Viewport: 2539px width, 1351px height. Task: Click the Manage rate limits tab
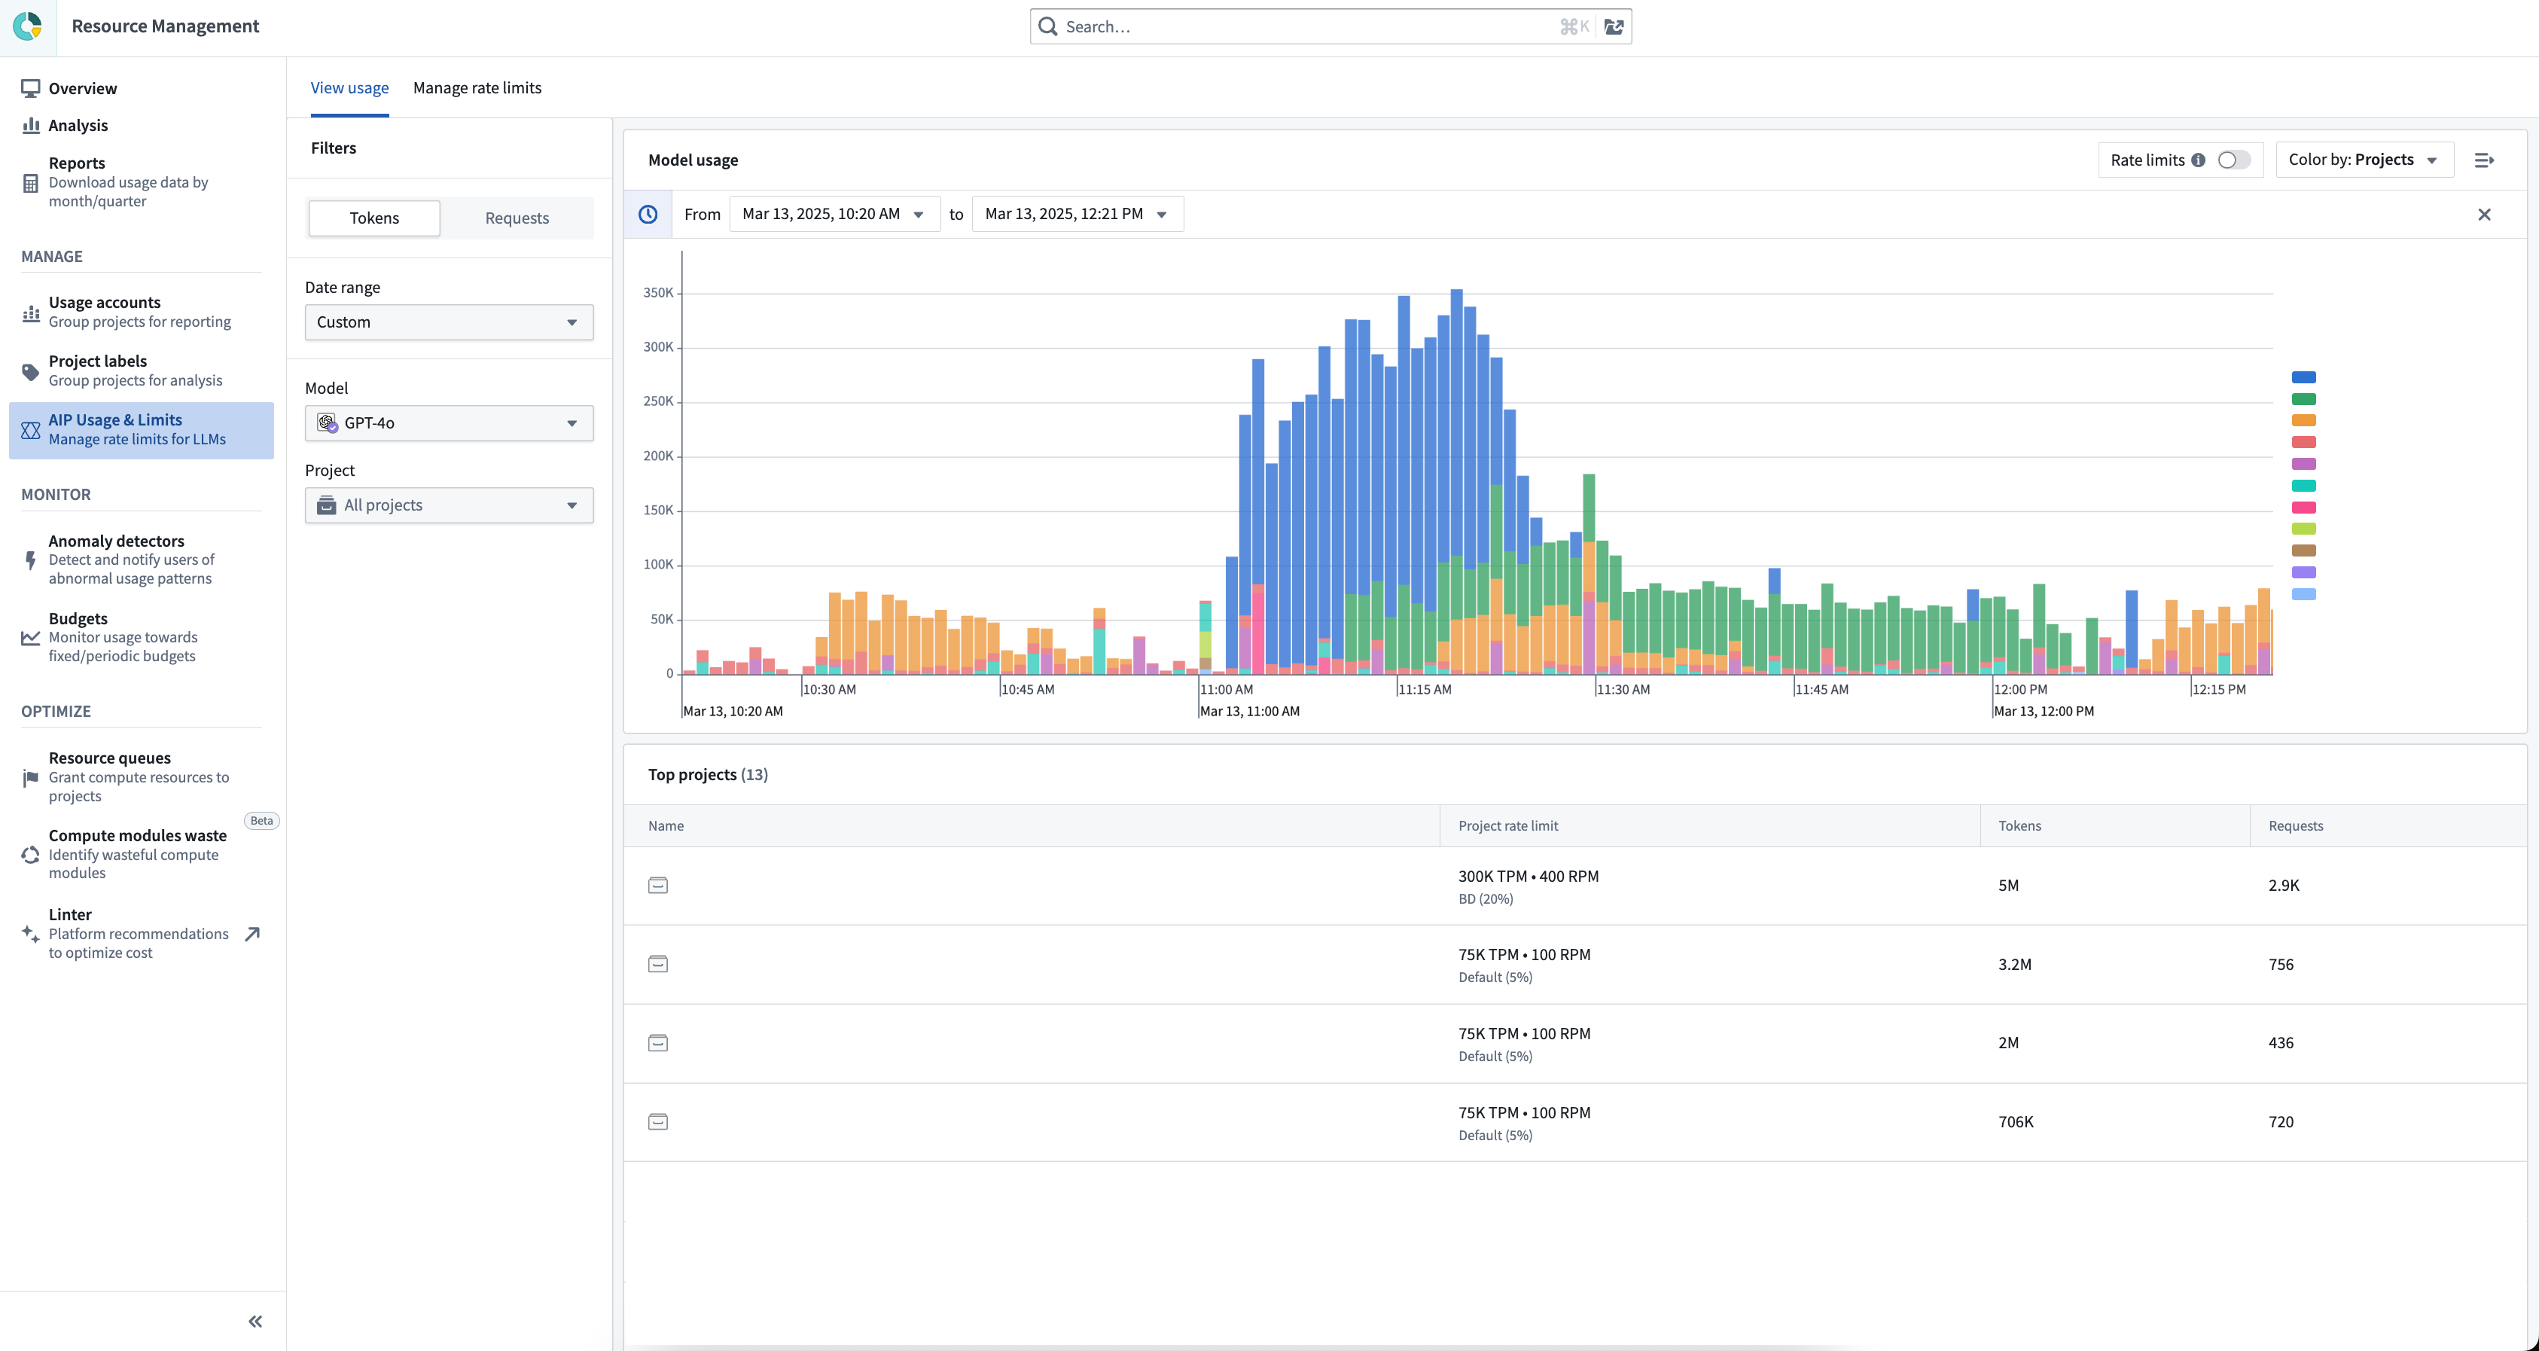click(477, 87)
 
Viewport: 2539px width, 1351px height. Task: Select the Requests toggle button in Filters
click(517, 218)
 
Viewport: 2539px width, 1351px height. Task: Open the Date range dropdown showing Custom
click(449, 322)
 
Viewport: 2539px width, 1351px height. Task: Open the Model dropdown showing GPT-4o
click(449, 422)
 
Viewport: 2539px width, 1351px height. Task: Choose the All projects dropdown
click(449, 505)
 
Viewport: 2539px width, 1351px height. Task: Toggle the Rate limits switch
click(2233, 160)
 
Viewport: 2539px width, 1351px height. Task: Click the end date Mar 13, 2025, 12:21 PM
click(1075, 214)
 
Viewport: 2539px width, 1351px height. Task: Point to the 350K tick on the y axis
click(658, 293)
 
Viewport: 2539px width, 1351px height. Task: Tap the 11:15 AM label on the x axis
click(1425, 690)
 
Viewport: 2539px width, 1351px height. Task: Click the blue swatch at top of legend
click(2303, 377)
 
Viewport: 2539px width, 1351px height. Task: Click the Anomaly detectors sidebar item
click(116, 541)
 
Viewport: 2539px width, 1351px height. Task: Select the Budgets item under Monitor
click(78, 619)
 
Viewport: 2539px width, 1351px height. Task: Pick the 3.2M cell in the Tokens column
click(2015, 964)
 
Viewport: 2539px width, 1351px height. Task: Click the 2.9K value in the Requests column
click(2283, 885)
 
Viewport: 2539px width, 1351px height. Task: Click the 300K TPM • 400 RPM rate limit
click(1528, 876)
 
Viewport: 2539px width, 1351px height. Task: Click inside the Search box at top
click(1301, 26)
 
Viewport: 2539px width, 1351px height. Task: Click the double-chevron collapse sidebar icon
click(255, 1322)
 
